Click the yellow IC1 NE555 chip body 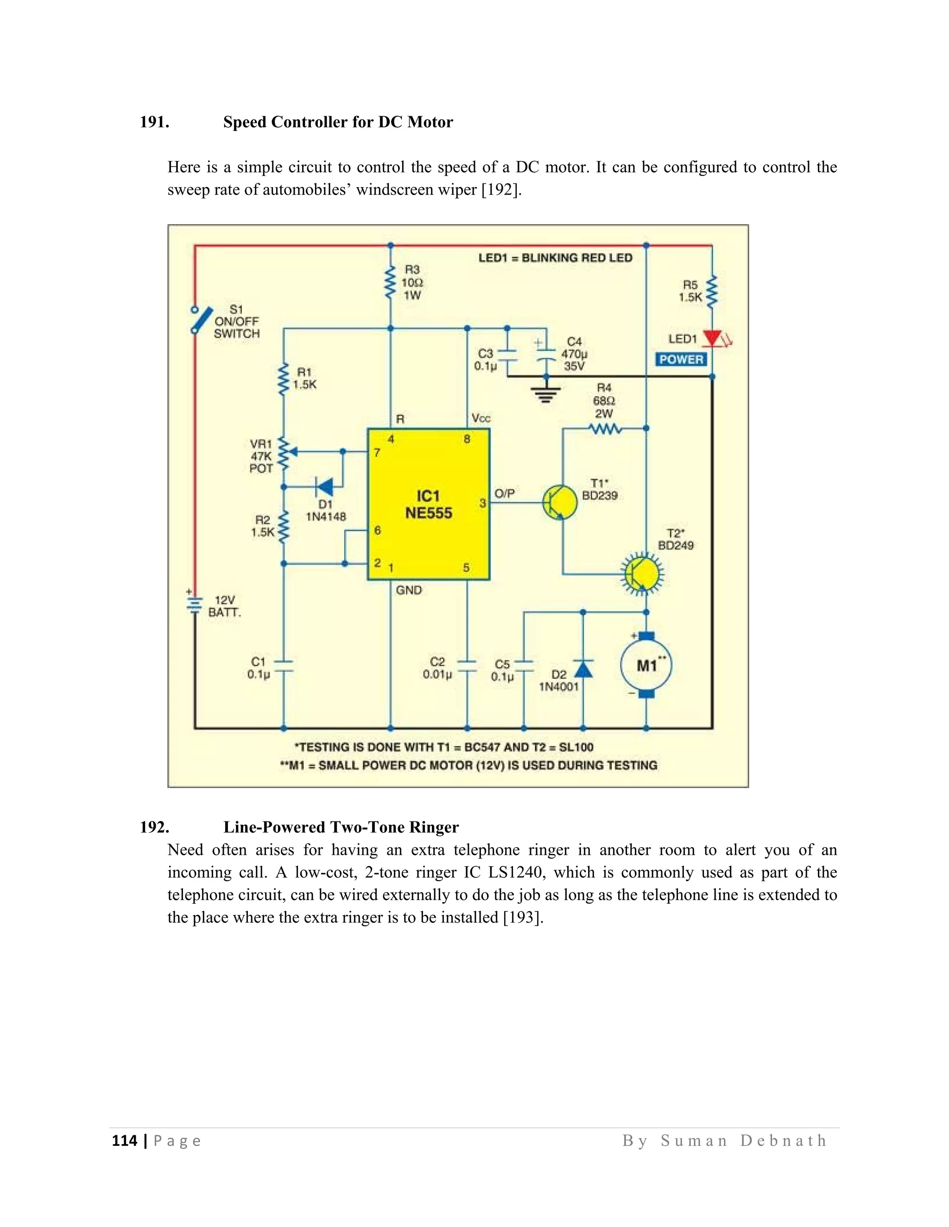click(429, 504)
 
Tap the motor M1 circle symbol click(646, 666)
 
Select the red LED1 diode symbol click(713, 338)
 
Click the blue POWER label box click(681, 360)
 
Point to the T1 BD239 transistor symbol click(559, 502)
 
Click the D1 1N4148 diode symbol click(324, 487)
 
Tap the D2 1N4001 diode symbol click(583, 668)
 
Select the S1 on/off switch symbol click(201, 320)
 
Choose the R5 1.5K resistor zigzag click(712, 292)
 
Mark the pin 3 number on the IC click(482, 503)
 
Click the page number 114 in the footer click(124, 1141)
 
